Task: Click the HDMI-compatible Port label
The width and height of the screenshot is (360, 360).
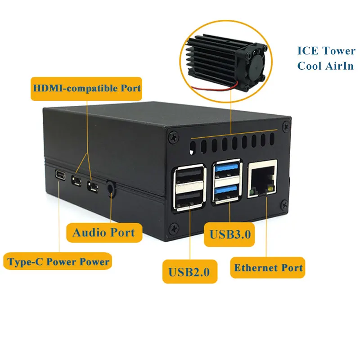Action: coord(86,87)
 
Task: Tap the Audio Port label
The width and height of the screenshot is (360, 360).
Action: coord(103,232)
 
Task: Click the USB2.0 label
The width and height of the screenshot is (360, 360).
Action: coord(189,271)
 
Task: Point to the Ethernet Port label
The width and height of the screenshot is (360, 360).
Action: coord(268,268)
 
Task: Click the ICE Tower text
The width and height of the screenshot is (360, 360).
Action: coord(326,50)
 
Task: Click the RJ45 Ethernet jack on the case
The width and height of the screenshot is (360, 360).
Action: coord(262,179)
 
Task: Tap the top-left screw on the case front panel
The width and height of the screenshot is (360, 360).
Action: coord(171,134)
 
